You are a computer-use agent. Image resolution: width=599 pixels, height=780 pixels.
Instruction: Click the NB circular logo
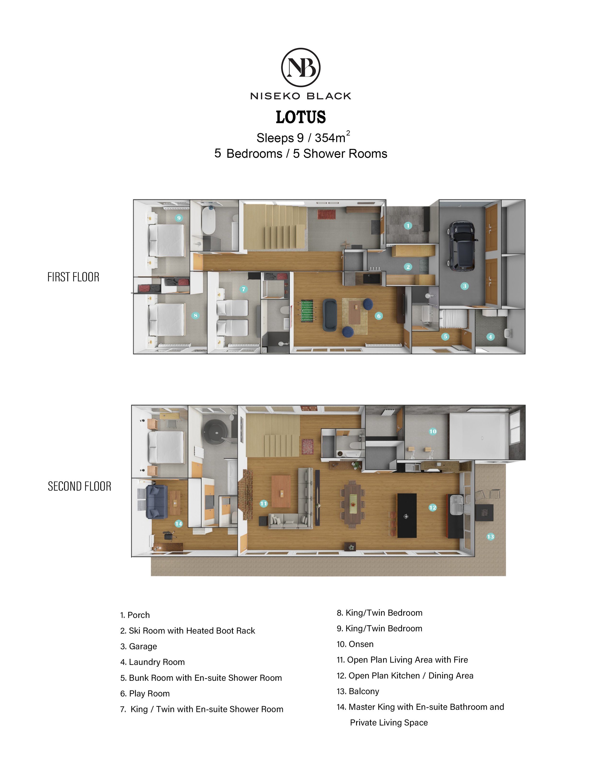click(x=300, y=67)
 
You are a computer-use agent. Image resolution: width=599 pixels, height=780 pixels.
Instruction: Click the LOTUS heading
click(x=300, y=117)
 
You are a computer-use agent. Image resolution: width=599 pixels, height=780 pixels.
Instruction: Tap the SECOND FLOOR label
click(x=80, y=486)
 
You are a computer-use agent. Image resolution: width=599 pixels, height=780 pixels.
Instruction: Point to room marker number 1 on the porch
click(x=408, y=225)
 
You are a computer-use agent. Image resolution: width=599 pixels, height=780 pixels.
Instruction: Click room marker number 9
click(x=179, y=218)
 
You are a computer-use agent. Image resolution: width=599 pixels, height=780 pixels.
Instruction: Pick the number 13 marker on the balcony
click(x=491, y=536)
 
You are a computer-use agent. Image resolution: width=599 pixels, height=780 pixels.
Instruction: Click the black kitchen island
click(x=407, y=515)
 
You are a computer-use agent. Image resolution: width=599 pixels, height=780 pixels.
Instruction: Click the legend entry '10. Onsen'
click(x=355, y=644)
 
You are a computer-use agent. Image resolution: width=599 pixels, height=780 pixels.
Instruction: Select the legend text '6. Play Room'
click(x=145, y=693)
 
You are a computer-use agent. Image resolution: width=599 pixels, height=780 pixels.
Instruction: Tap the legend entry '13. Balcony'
click(x=358, y=691)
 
